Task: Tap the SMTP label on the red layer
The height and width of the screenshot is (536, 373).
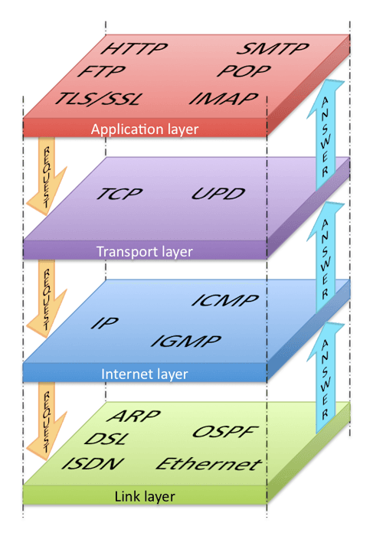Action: click(x=272, y=50)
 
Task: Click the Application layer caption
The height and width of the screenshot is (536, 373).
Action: click(x=145, y=129)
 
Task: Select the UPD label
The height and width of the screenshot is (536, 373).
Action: click(x=218, y=193)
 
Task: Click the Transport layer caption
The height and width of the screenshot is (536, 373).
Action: click(x=145, y=251)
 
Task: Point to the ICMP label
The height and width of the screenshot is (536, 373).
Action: click(x=225, y=300)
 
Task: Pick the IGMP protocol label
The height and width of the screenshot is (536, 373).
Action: click(x=185, y=342)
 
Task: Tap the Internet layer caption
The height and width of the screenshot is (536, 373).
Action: click(x=145, y=374)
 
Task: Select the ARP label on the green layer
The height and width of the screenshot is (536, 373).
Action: click(x=133, y=417)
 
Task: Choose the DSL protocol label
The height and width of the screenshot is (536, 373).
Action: click(x=106, y=440)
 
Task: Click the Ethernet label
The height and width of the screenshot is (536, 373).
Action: click(x=208, y=465)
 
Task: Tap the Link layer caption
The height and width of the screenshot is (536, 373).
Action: click(x=145, y=497)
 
